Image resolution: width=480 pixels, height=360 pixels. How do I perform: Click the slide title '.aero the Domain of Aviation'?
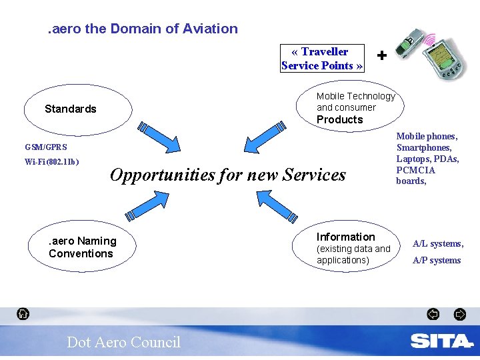(x=142, y=29)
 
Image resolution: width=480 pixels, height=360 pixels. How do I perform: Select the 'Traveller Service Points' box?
(x=322, y=58)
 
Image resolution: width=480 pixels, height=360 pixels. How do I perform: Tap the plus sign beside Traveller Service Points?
(x=381, y=56)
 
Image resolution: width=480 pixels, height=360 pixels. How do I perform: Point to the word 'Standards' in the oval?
(x=71, y=109)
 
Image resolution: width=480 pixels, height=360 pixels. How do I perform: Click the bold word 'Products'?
(x=339, y=120)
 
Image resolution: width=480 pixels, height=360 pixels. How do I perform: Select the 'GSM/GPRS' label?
(x=46, y=147)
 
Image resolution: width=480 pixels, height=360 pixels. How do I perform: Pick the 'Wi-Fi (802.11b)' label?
(x=52, y=162)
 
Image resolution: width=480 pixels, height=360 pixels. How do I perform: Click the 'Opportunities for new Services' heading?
(x=228, y=175)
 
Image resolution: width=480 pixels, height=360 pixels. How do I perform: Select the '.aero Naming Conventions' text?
(x=82, y=247)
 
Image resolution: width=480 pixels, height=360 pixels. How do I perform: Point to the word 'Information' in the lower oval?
(x=345, y=237)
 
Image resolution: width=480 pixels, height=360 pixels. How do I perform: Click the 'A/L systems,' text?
(x=438, y=244)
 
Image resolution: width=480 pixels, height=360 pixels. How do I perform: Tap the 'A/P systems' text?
(x=437, y=260)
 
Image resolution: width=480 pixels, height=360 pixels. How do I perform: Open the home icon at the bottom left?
(x=23, y=313)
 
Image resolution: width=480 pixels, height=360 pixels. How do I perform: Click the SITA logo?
(x=441, y=341)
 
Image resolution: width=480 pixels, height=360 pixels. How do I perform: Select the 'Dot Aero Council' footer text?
(x=123, y=342)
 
